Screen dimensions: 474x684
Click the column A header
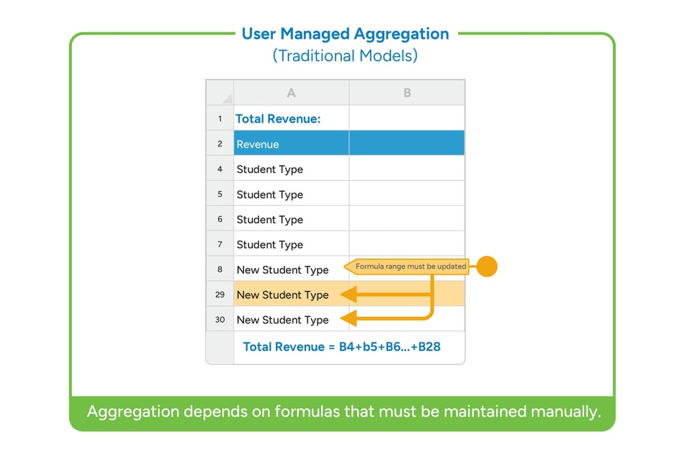(x=291, y=92)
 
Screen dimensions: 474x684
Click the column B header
(x=407, y=92)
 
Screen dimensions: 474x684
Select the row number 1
(x=220, y=118)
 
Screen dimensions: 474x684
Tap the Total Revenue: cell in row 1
(x=278, y=118)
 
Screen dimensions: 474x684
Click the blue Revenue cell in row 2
(x=258, y=144)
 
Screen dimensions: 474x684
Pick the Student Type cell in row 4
(x=270, y=169)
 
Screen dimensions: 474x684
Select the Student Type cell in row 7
(x=270, y=245)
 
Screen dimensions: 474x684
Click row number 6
(x=220, y=220)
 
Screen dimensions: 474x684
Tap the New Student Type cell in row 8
(x=282, y=269)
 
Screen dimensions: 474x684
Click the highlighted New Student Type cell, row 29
(x=282, y=295)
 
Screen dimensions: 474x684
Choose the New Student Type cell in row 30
(x=282, y=320)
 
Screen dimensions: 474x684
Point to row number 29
(x=220, y=295)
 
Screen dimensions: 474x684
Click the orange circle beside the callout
(x=487, y=267)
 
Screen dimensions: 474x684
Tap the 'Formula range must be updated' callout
(x=409, y=267)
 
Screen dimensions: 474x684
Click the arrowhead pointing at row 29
(x=348, y=294)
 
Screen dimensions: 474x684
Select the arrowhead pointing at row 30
(x=348, y=318)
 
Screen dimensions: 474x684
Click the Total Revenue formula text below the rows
(x=341, y=346)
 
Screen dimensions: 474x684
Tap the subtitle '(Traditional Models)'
(x=345, y=55)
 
